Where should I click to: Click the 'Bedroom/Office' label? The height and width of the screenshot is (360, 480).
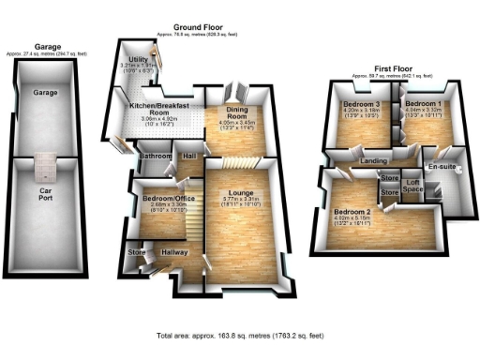(x=164, y=198)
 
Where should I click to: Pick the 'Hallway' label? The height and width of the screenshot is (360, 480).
(x=175, y=251)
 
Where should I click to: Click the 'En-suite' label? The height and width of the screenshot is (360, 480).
(x=441, y=167)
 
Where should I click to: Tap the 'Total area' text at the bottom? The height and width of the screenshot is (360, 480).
(x=239, y=335)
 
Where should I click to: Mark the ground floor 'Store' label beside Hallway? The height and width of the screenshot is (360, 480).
(x=138, y=251)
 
